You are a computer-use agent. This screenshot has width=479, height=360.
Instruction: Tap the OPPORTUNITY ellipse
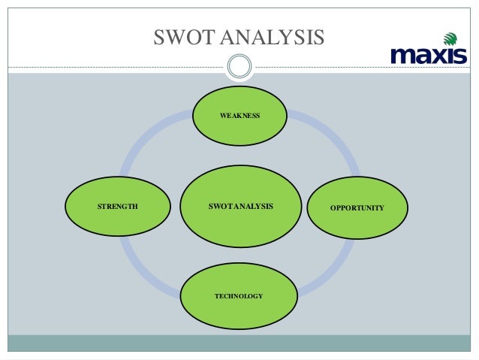[357, 207]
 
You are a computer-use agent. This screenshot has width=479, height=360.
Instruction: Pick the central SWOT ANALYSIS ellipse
[239, 206]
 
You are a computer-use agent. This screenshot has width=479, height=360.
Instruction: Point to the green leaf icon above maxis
[449, 38]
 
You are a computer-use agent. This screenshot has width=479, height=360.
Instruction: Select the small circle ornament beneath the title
[239, 66]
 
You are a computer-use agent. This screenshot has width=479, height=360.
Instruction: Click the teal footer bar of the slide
[239, 343]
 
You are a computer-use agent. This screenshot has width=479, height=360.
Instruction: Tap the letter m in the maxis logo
[402, 56]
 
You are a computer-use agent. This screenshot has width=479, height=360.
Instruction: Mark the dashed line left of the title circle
[113, 67]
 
